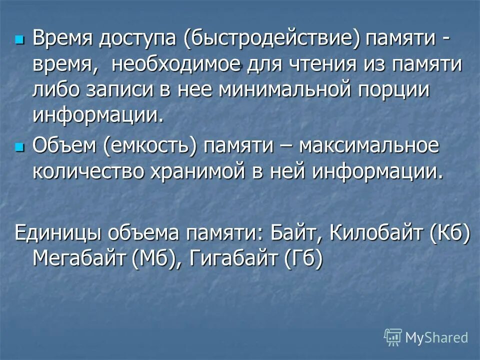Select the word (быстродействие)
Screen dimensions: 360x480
[x=272, y=40]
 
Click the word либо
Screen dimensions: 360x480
[x=58, y=91]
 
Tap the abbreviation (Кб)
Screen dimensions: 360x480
[x=450, y=233]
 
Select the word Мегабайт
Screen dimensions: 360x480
[x=80, y=259]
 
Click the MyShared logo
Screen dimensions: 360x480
[x=426, y=337]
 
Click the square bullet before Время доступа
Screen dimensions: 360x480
[x=19, y=38]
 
